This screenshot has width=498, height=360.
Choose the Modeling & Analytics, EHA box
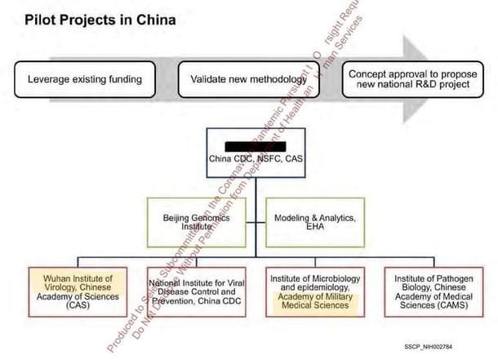309,222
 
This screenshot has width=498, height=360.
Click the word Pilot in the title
40,17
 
